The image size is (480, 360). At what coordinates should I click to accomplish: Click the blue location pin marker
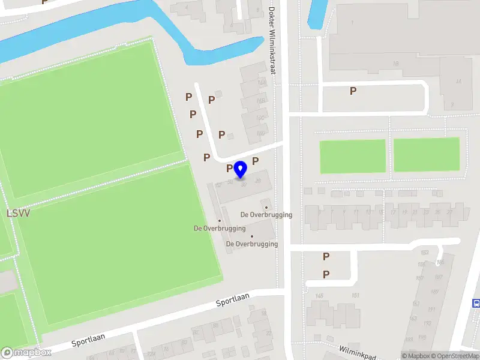(x=241, y=169)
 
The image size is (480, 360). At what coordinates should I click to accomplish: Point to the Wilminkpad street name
(x=357, y=350)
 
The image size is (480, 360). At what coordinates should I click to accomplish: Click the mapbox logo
(x=26, y=353)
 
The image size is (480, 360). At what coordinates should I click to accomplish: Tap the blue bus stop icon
(x=476, y=303)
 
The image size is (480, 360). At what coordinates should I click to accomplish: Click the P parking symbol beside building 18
(x=353, y=91)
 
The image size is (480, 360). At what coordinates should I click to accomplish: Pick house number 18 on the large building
(x=395, y=64)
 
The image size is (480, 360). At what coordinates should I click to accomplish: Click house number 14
(x=458, y=82)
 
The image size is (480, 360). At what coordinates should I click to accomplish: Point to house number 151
(x=355, y=295)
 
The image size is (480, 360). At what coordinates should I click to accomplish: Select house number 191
(x=431, y=310)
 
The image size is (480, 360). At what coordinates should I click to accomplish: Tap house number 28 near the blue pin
(x=258, y=180)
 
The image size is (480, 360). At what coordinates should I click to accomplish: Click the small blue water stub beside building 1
(x=317, y=15)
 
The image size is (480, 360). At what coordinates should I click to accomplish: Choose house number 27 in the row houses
(x=449, y=212)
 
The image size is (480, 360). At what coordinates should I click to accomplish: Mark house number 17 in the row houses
(x=393, y=212)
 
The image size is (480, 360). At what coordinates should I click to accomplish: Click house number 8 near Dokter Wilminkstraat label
(x=259, y=10)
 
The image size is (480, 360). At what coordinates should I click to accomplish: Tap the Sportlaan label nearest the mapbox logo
(x=88, y=340)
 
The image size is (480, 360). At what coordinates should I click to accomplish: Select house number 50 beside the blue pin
(x=230, y=182)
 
